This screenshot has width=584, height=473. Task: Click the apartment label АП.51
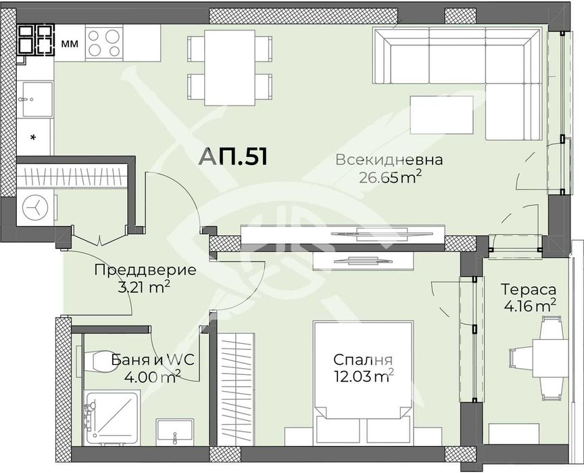[233, 156]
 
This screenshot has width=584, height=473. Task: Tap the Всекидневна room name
[389, 160]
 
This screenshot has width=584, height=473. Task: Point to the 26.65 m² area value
[390, 177]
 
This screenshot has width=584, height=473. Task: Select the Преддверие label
[145, 270]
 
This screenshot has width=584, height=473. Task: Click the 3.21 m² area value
[144, 288]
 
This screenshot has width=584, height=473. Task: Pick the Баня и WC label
[153, 360]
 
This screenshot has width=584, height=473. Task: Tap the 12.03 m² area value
[364, 376]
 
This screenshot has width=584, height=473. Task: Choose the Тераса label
[528, 289]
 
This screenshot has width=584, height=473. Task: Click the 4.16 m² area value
[530, 307]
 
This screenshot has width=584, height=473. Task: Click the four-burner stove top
[104, 43]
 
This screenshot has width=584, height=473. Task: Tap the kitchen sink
[37, 99]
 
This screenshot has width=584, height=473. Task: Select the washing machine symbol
[35, 207]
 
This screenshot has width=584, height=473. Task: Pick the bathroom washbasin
[174, 432]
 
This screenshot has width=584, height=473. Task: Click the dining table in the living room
[230, 68]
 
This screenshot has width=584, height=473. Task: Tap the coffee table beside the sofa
[442, 114]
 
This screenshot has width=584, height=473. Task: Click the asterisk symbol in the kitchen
[33, 138]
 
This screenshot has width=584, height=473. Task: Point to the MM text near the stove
[70, 44]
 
